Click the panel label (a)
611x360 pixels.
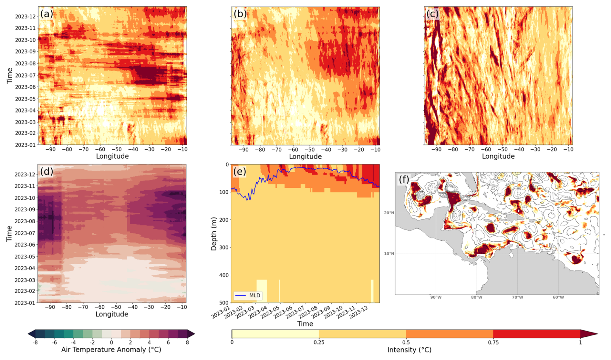coord(47,14)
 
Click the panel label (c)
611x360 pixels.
coord(432,14)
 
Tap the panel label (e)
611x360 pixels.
coord(240,171)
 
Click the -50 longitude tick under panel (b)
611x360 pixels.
coord(309,150)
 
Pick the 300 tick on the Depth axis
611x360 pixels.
coord(224,248)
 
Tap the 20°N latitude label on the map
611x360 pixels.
coord(389,213)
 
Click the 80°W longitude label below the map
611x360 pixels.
coord(477,297)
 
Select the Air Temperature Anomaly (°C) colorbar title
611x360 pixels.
coord(111,350)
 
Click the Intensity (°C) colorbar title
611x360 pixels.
coord(409,350)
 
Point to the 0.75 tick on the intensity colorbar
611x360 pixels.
coord(493,343)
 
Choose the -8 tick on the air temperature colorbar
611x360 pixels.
coord(35,343)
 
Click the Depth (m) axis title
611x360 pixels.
coord(213,233)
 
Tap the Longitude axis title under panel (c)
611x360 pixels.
coord(498,156)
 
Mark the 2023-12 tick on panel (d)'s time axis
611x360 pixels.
coord(25,175)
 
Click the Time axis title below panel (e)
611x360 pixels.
coord(305,324)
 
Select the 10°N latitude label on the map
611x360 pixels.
coord(389,254)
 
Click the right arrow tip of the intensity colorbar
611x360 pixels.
coord(597,334)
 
